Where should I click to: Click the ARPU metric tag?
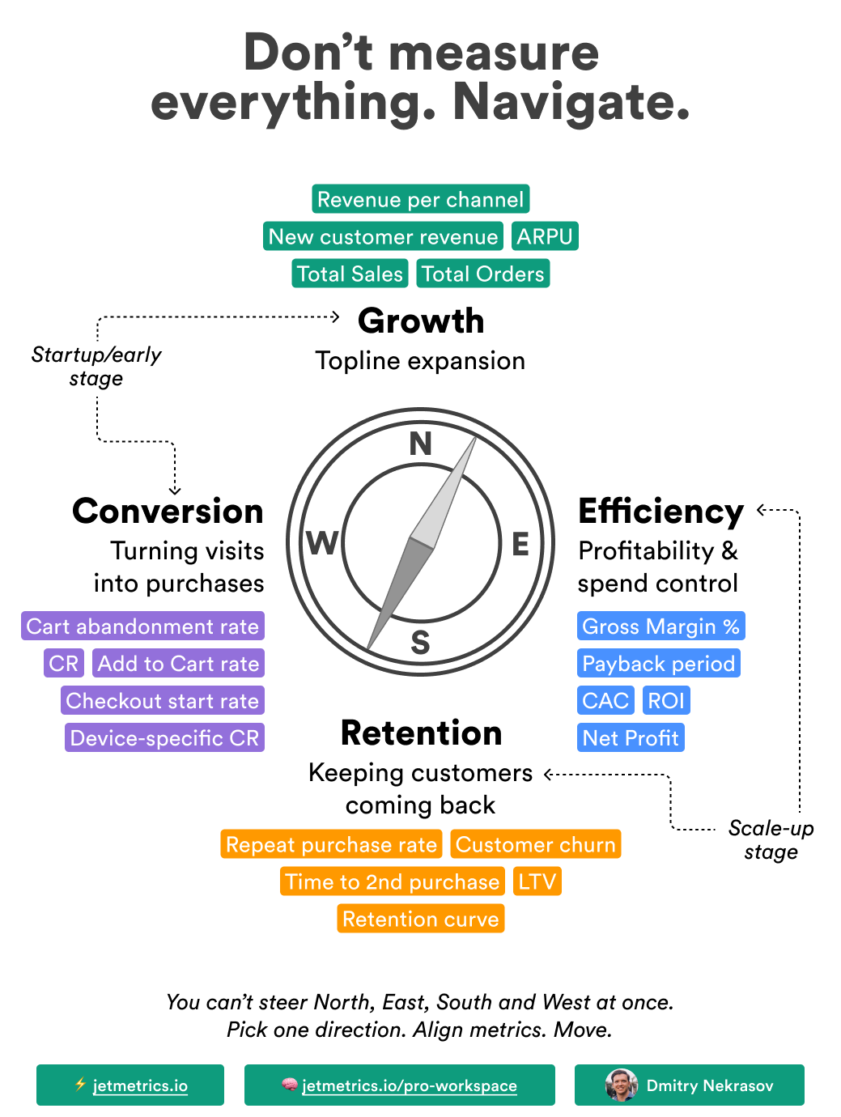545,236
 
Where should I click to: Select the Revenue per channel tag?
420,199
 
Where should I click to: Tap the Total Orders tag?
483,274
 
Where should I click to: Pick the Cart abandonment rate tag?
142,626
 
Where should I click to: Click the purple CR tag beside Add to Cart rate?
64,664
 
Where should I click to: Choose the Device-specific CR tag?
164,738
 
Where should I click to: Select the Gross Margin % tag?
660,626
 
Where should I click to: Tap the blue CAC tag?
605,701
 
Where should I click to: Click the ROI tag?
666,701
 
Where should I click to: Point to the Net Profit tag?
631,738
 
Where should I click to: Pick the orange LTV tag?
537,881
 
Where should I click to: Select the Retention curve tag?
421,919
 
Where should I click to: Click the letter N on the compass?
421,444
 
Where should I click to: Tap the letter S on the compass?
420,642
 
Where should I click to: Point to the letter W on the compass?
322,543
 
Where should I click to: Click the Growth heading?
421,321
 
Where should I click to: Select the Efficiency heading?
660,512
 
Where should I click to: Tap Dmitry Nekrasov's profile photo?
622,1085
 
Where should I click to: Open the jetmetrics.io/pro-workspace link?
409,1085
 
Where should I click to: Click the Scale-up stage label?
771,839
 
